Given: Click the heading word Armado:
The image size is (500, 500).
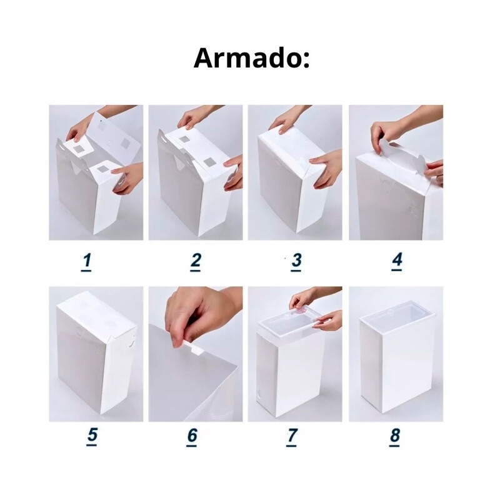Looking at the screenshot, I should pyautogui.click(x=251, y=58).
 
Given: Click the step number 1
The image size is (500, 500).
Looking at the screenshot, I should pyautogui.click(x=87, y=261).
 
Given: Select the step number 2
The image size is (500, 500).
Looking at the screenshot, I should pyautogui.click(x=196, y=261).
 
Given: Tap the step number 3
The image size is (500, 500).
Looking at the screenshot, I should pyautogui.click(x=296, y=261).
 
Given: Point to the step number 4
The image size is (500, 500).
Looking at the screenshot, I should pyautogui.click(x=397, y=261).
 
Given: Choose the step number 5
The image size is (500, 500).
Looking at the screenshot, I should pyautogui.click(x=92, y=436).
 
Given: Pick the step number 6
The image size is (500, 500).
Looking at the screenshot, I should pyautogui.click(x=192, y=436).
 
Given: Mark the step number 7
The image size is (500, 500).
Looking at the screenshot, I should pyautogui.click(x=292, y=436).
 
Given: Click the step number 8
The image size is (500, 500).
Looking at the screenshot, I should pyautogui.click(x=394, y=436).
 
